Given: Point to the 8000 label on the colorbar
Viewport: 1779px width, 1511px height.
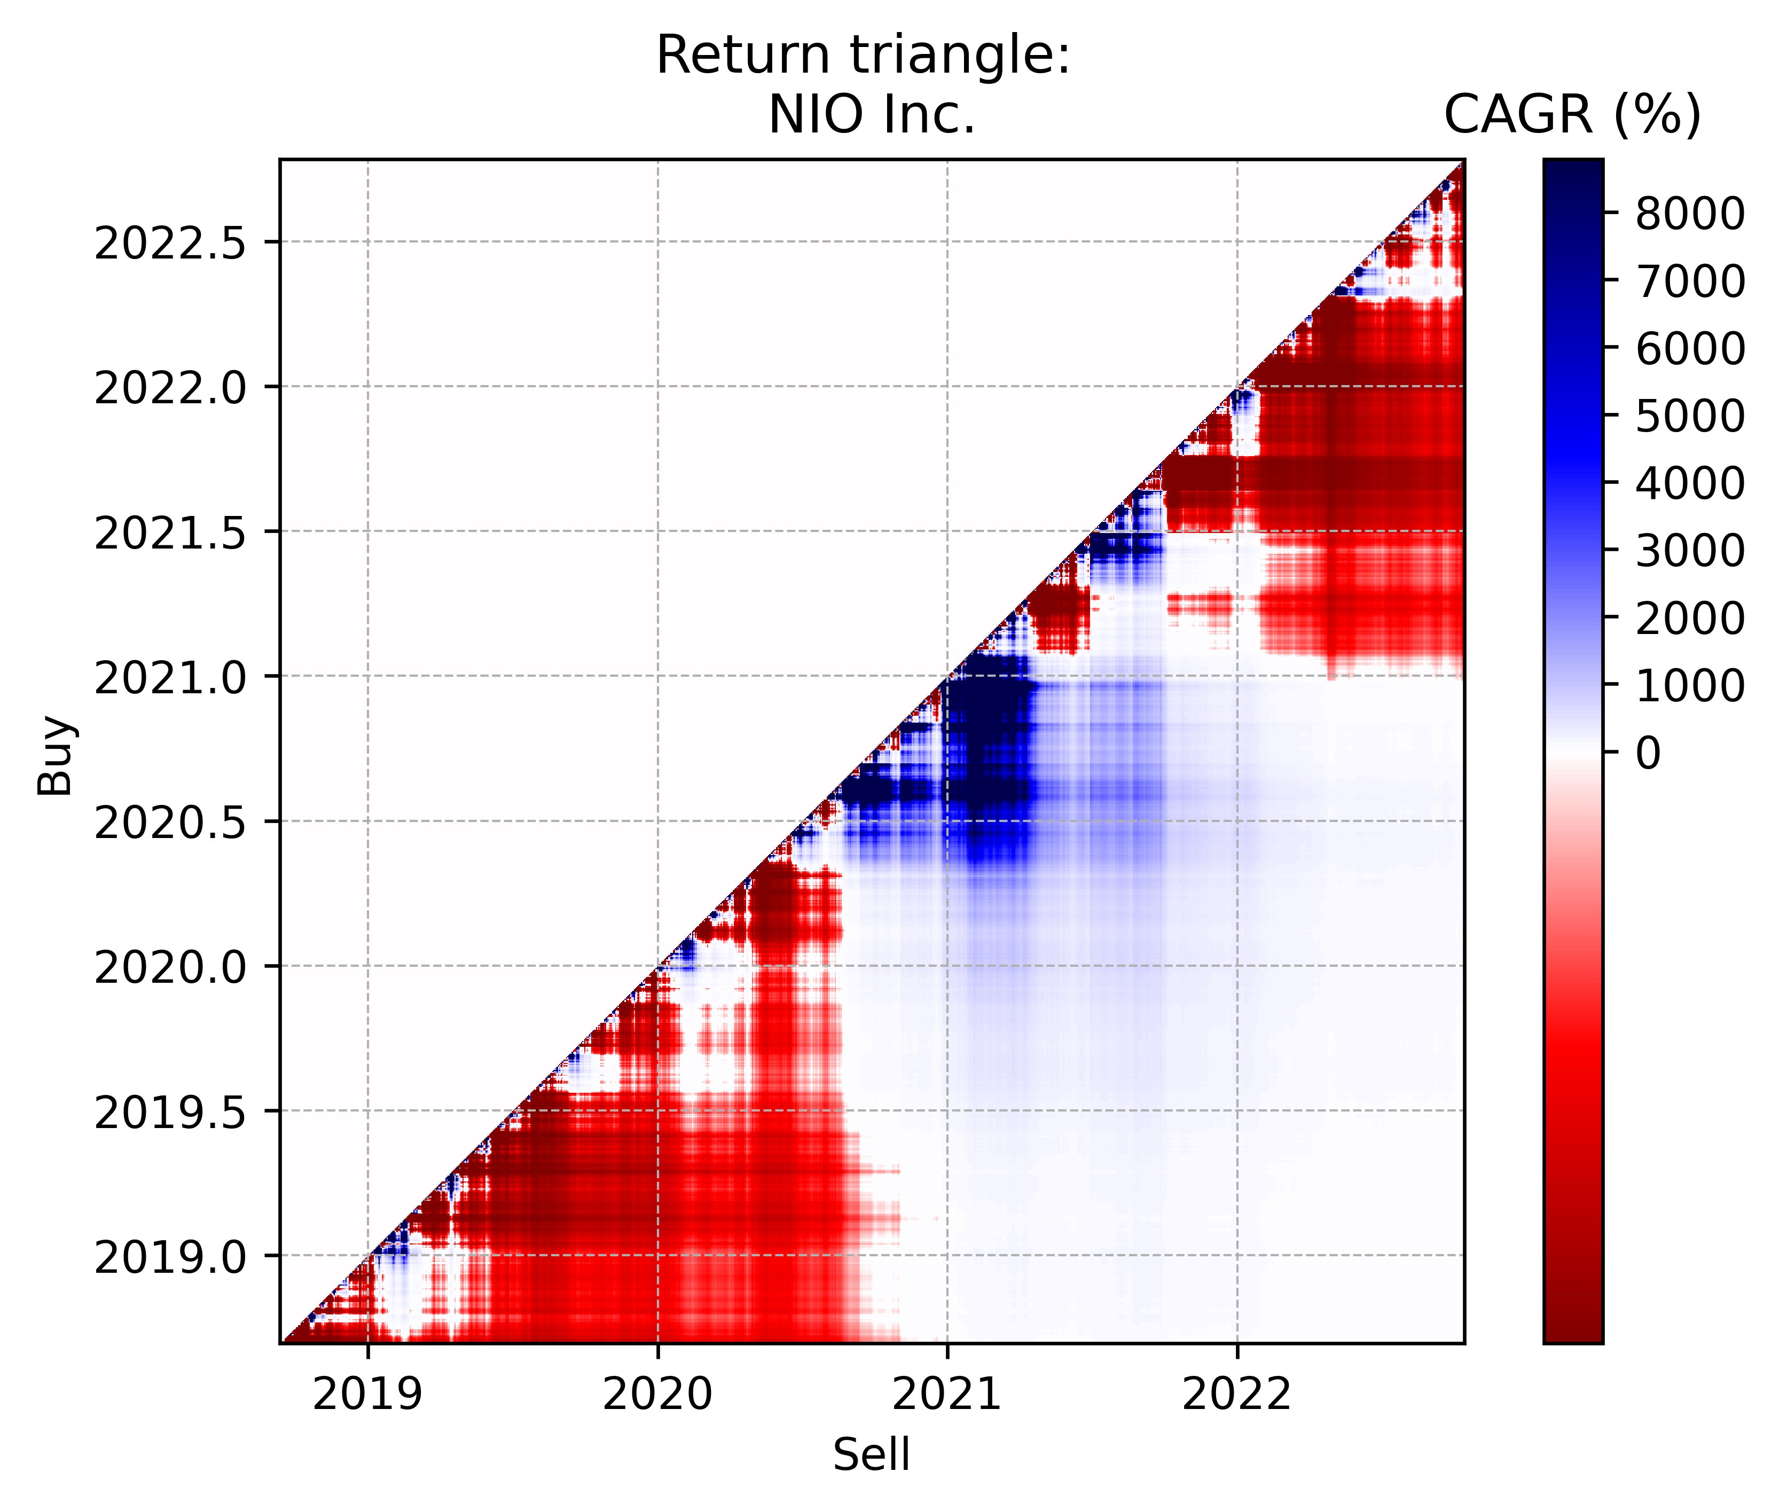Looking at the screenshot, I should click(x=1689, y=214).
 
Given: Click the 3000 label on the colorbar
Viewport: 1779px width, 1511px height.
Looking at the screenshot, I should click(x=1689, y=551).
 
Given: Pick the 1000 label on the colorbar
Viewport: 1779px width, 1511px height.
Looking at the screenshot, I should click(x=1689, y=685).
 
